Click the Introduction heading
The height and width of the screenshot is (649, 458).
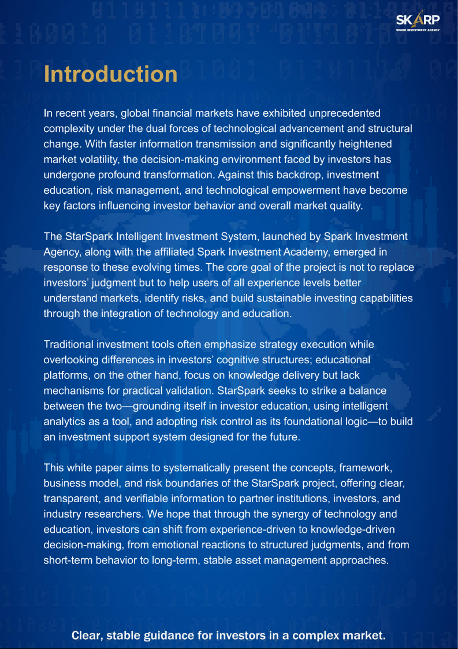coord(110,75)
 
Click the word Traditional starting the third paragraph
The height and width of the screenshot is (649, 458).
coord(68,345)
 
